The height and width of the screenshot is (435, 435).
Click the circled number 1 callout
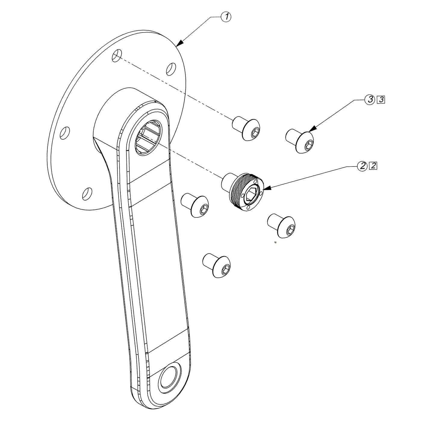pyautogui.click(x=226, y=17)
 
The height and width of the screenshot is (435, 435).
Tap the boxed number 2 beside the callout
pyautogui.click(x=373, y=166)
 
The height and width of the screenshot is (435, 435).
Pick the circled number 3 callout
pyautogui.click(x=370, y=100)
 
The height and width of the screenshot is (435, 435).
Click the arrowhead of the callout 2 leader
pyautogui.click(x=265, y=189)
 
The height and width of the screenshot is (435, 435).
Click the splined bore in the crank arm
pyautogui.click(x=148, y=137)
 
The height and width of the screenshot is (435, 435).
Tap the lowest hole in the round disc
pyautogui.click(x=87, y=193)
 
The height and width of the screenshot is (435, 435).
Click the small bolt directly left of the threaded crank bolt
pyautogui.click(x=196, y=205)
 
